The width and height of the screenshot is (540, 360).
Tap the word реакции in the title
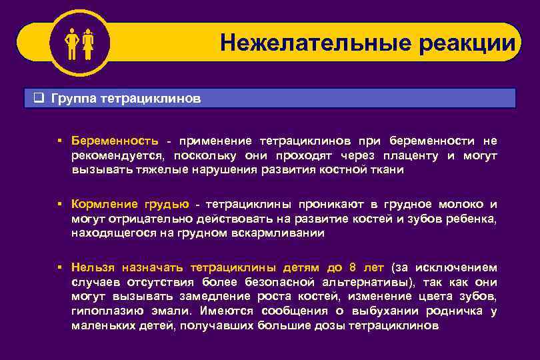click(467, 43)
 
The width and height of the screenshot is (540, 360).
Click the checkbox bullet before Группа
click(39, 99)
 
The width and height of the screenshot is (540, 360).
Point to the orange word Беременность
click(115, 141)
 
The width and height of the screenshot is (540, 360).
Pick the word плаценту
click(410, 155)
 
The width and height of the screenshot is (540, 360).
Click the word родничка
click(453, 311)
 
